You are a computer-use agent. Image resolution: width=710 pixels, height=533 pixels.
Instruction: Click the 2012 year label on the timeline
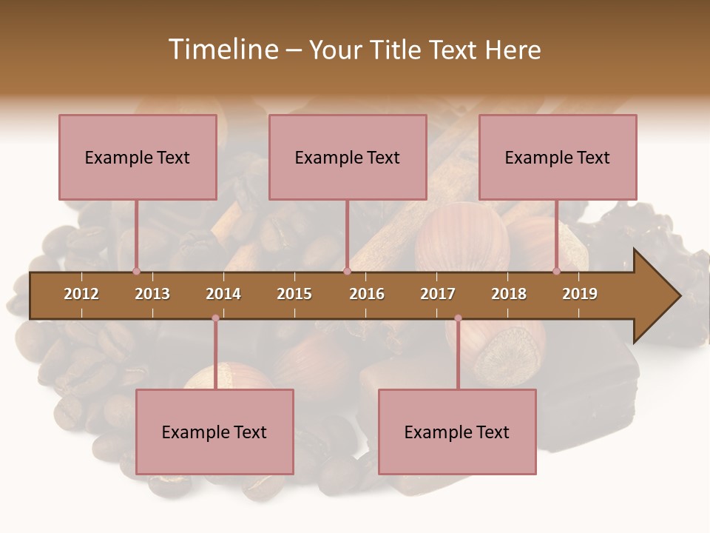(81, 294)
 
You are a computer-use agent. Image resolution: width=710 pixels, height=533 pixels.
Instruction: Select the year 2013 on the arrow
(152, 294)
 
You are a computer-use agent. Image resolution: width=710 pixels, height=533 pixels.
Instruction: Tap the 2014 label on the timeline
(223, 294)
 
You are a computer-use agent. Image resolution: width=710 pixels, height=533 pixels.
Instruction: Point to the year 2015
(294, 294)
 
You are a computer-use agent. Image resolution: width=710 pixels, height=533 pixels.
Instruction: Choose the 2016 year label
(367, 294)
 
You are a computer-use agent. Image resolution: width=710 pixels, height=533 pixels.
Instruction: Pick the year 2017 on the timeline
(438, 294)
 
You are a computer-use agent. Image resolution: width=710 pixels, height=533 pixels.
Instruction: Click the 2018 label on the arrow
(509, 294)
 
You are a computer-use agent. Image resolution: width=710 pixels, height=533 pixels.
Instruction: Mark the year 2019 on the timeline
(580, 294)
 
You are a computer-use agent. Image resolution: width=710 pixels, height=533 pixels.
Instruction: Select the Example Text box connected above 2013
(138, 157)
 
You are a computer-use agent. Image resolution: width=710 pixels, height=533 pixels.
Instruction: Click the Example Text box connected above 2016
(348, 157)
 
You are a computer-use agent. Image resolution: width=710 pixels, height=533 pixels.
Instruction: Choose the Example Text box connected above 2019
(558, 157)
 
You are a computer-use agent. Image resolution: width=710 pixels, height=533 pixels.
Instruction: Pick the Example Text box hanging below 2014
(214, 432)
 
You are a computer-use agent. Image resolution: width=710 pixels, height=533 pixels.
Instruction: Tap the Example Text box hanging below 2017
(457, 432)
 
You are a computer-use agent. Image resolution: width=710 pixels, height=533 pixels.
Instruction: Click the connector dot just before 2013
(136, 271)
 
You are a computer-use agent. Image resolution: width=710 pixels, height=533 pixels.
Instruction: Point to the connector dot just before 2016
(347, 271)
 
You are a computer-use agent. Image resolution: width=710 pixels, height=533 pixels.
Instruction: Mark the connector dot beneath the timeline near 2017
(458, 318)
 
